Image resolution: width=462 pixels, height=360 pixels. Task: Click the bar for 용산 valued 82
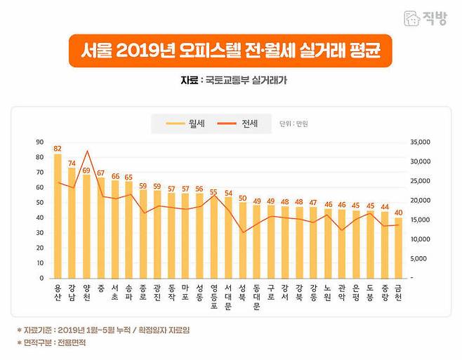[x=58, y=218]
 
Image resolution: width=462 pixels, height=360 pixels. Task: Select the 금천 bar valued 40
[x=398, y=248]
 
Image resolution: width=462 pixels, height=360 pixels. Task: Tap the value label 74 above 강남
[x=72, y=163]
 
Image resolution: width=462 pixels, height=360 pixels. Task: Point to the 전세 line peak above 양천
[x=87, y=151]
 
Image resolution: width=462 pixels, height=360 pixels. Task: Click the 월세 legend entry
[x=188, y=124]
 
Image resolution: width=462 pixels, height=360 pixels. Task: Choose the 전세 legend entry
[x=241, y=124]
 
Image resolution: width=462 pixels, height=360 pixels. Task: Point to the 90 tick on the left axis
[x=39, y=142]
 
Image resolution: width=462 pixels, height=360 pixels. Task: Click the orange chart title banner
[x=230, y=51]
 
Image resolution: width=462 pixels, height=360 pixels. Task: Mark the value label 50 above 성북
[x=242, y=198]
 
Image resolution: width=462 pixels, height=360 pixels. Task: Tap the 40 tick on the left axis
[x=39, y=218]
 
